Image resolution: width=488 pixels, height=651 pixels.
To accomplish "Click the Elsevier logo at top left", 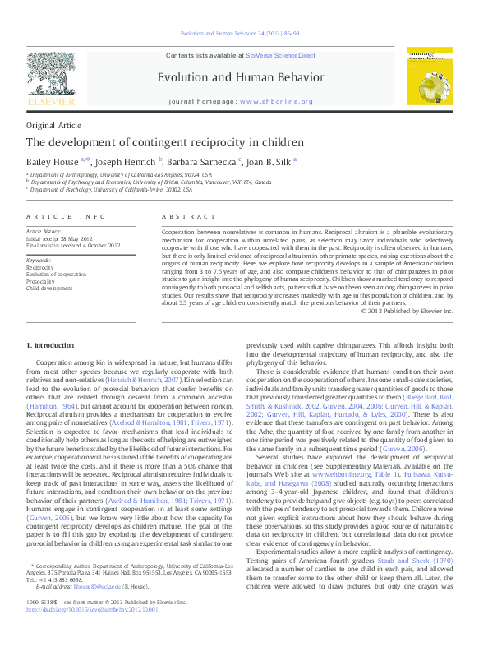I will (x=52, y=81).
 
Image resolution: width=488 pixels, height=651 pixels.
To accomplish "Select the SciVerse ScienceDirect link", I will (x=280, y=54).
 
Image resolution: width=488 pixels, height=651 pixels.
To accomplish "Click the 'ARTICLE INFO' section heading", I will (x=67, y=216).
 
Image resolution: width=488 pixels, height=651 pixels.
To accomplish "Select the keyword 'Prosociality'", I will (x=41, y=281).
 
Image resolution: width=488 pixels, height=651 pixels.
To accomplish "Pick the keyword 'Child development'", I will (x=48, y=289).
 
